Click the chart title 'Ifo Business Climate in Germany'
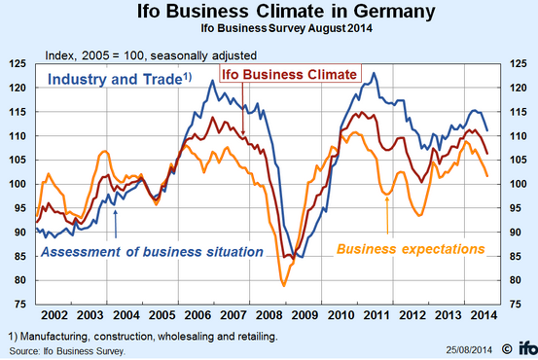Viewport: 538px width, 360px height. (x=286, y=11)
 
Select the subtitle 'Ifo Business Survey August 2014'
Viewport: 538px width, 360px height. (x=286, y=28)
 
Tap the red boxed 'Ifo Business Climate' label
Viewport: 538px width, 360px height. (x=289, y=75)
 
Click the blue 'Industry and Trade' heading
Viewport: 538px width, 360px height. (x=120, y=79)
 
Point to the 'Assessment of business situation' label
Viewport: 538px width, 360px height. (x=152, y=252)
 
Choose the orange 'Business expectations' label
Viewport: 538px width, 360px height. (x=411, y=249)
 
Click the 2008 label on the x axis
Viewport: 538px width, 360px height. (x=269, y=315)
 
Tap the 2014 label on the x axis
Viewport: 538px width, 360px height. (x=484, y=315)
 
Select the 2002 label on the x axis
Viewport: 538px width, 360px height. (x=54, y=315)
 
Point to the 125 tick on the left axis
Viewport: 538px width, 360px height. (x=18, y=64)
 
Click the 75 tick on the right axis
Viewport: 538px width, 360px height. (x=515, y=305)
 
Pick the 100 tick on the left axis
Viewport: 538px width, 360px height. (x=18, y=184)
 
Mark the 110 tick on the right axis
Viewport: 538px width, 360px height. (x=518, y=136)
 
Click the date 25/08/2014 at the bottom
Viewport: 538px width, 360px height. (x=469, y=350)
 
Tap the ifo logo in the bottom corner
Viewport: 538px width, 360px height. (x=527, y=348)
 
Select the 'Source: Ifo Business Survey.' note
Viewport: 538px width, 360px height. (x=67, y=351)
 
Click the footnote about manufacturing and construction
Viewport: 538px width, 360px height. (x=143, y=337)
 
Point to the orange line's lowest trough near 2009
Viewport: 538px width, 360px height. (x=284, y=286)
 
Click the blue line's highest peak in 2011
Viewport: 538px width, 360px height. (x=374, y=73)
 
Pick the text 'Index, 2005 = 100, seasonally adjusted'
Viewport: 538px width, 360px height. (x=151, y=55)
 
